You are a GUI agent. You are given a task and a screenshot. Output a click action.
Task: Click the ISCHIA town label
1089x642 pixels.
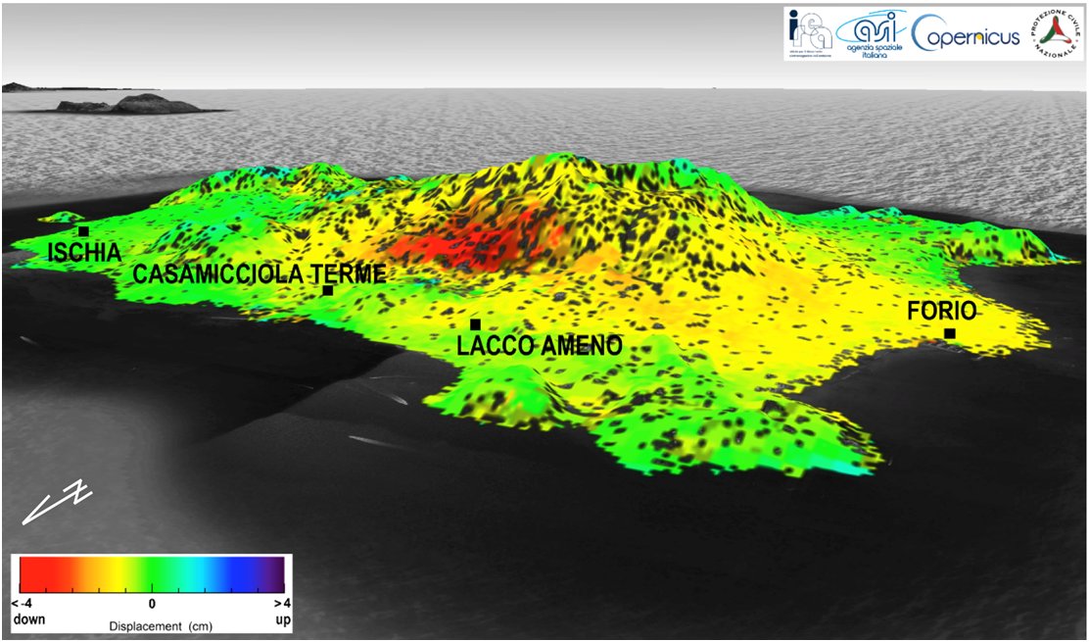click(x=84, y=254)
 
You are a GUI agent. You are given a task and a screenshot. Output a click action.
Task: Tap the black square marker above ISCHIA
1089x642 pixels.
click(x=84, y=231)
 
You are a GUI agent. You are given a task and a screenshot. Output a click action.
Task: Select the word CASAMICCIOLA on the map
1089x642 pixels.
click(x=216, y=274)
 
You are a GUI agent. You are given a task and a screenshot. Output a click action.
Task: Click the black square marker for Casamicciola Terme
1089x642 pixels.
click(x=328, y=290)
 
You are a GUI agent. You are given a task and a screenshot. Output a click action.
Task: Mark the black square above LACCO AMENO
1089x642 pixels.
click(x=475, y=324)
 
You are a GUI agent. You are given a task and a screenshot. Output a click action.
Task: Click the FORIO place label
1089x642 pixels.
click(x=941, y=312)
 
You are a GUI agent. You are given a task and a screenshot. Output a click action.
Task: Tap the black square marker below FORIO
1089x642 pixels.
click(x=949, y=334)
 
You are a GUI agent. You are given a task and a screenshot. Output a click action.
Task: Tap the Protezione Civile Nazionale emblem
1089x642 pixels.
click(x=1054, y=35)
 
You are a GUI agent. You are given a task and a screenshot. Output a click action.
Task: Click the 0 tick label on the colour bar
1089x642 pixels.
click(x=152, y=603)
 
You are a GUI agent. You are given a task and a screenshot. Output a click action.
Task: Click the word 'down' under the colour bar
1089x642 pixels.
click(x=26, y=620)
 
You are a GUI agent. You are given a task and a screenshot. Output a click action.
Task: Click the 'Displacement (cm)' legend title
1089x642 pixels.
click(x=151, y=625)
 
